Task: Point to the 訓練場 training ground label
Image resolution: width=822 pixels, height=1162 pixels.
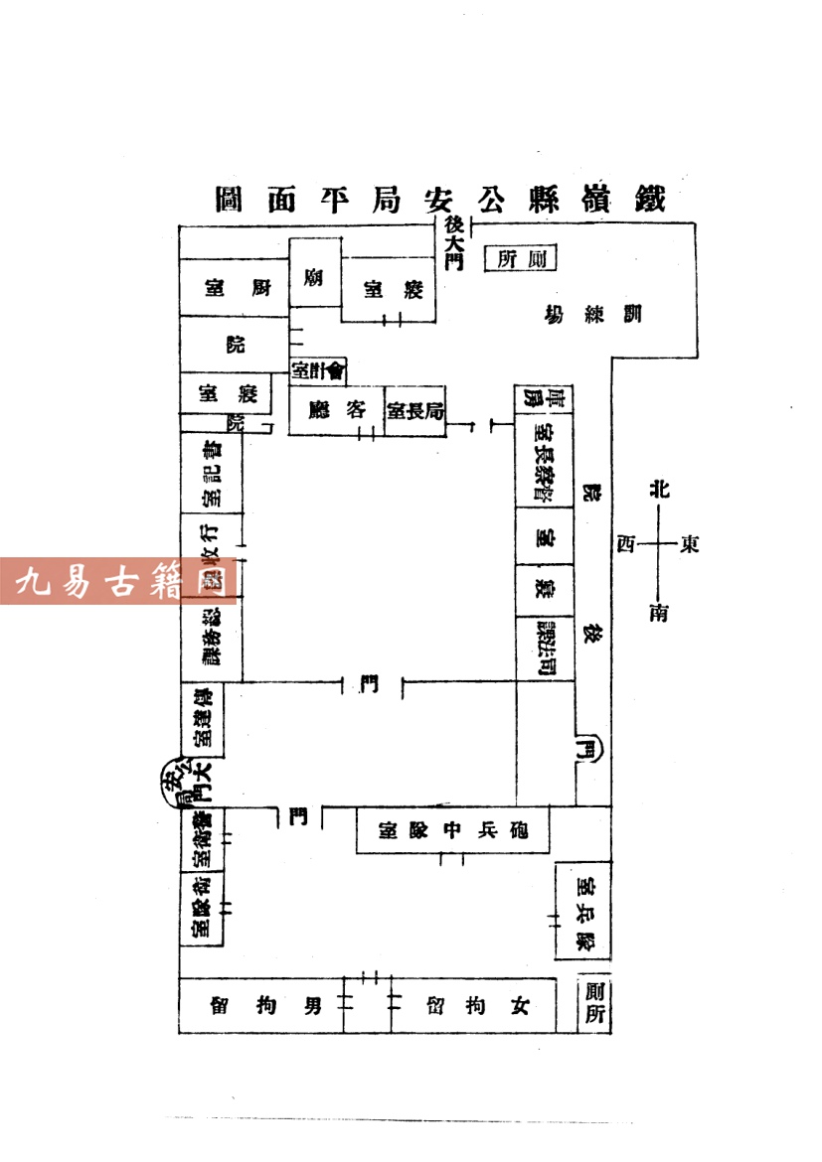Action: [593, 316]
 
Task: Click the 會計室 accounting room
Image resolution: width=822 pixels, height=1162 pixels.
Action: [317, 370]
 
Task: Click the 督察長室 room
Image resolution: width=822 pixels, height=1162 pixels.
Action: [545, 464]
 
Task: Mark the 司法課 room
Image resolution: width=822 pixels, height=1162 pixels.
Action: [545, 648]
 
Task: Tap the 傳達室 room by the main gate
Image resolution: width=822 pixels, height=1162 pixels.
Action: [203, 718]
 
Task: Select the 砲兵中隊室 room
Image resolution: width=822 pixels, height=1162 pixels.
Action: [452, 829]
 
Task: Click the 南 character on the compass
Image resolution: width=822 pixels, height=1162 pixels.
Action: [659, 612]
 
